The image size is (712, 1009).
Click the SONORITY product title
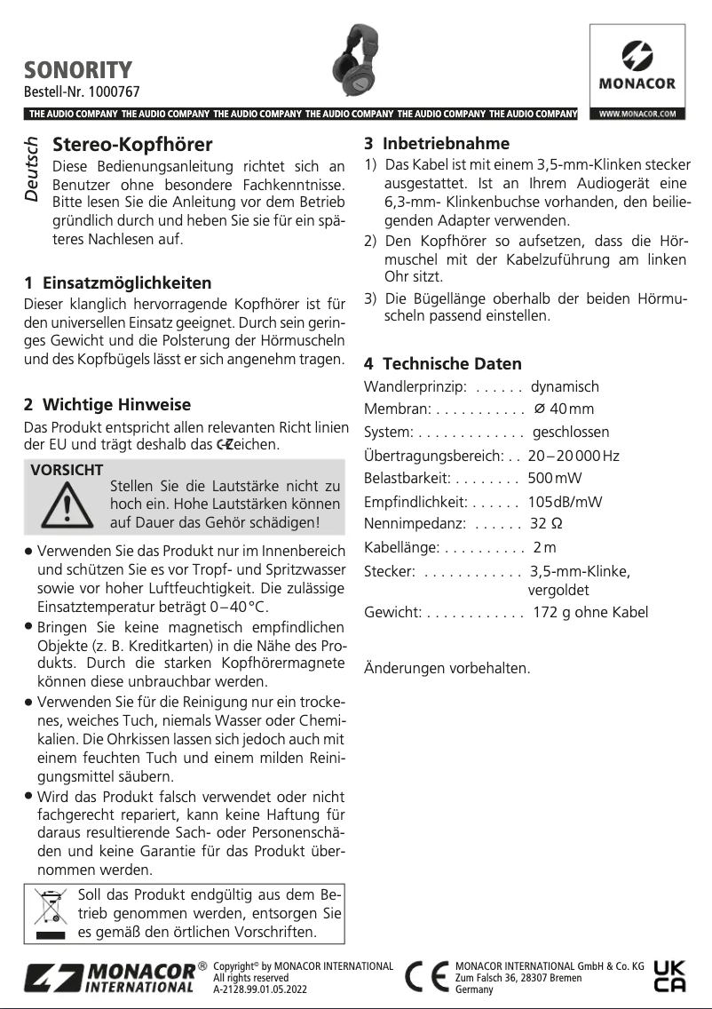78,69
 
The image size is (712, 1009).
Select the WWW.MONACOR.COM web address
637,114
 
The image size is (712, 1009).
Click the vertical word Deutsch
32,168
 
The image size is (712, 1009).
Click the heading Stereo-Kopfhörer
133,145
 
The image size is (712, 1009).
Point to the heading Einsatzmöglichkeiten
127,283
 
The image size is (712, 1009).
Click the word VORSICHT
67,470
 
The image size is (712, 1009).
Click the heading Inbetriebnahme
446,143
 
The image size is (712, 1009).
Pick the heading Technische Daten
452,363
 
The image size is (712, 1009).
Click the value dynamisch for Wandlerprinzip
565,387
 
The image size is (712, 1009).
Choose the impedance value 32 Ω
546,522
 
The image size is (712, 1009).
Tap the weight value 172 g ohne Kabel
590,612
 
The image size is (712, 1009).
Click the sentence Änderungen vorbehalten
447,668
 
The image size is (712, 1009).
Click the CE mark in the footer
426,977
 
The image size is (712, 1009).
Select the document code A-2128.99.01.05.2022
260,988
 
